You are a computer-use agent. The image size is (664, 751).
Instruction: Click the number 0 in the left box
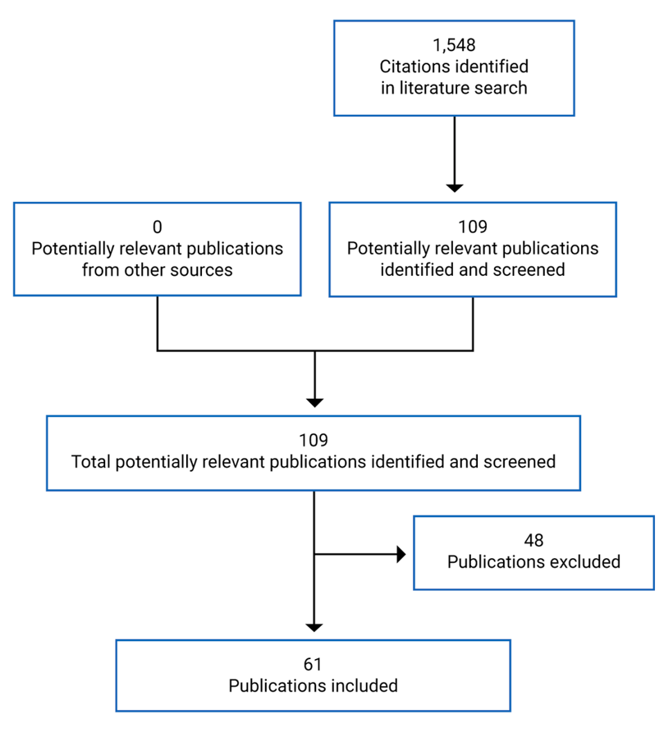(157, 227)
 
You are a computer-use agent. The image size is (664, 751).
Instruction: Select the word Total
(91, 461)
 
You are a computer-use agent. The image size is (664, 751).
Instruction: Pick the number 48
(533, 540)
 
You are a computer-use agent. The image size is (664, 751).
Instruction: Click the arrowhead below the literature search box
(454, 187)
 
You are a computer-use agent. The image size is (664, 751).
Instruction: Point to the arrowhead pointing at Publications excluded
(401, 554)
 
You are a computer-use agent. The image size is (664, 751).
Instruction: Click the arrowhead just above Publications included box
(314, 627)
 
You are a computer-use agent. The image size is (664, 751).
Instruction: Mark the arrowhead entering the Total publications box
(314, 402)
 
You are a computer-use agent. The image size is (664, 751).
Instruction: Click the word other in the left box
(142, 269)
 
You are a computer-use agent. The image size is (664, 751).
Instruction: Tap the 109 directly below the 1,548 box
(473, 227)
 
